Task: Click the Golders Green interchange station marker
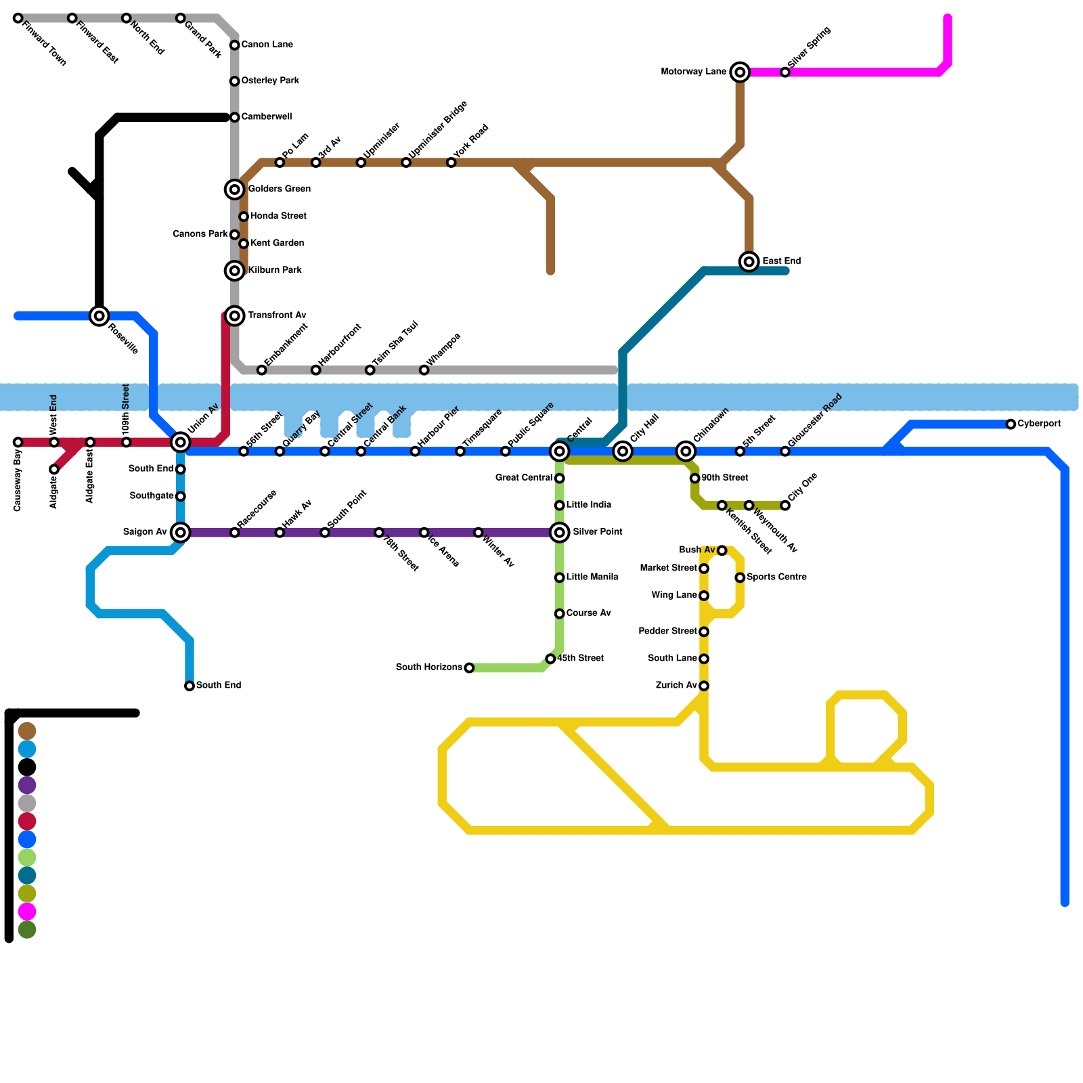tap(235, 190)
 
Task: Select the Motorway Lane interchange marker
tap(741, 72)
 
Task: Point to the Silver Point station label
tap(597, 532)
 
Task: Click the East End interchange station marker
tap(749, 261)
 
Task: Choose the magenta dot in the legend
tap(27, 912)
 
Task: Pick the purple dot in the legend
tap(27, 785)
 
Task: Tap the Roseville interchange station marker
tap(100, 315)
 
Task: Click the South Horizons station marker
tap(469, 668)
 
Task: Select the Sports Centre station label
tap(776, 577)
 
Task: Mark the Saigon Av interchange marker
tap(181, 532)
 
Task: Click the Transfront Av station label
tap(277, 315)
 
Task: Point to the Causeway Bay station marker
tap(18, 442)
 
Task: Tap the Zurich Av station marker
tap(704, 686)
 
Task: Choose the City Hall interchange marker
tap(623, 451)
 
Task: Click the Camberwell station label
tap(266, 117)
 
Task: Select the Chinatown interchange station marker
tap(686, 451)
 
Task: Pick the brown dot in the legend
tap(27, 731)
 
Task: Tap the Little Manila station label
tap(592, 577)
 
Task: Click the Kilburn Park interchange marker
tap(235, 271)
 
